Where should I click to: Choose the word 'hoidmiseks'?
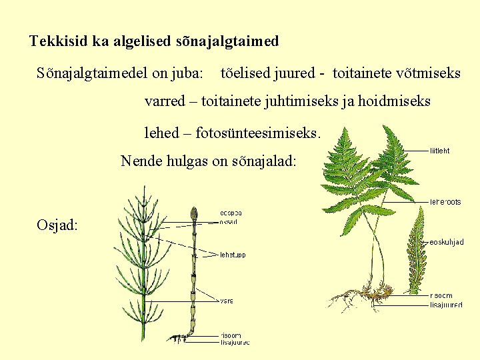396,102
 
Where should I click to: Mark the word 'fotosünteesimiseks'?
259,133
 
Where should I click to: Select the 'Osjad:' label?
57,225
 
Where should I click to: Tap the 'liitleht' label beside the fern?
440,151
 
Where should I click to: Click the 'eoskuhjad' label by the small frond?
447,242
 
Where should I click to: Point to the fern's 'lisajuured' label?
446,305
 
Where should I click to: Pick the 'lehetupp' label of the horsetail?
233,255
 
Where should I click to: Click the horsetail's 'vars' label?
227,301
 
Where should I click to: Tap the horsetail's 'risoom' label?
231,335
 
